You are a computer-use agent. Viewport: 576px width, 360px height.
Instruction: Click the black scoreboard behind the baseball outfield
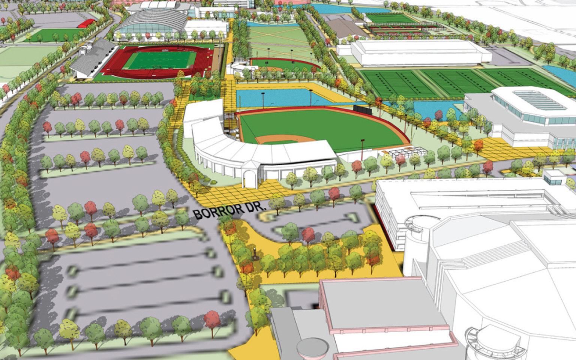[x=362, y=109]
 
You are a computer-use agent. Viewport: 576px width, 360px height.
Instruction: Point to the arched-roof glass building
[x=150, y=22]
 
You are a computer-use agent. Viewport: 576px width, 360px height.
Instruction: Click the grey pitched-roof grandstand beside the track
[x=92, y=58]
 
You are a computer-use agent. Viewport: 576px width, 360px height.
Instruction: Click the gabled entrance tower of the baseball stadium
[x=250, y=172]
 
